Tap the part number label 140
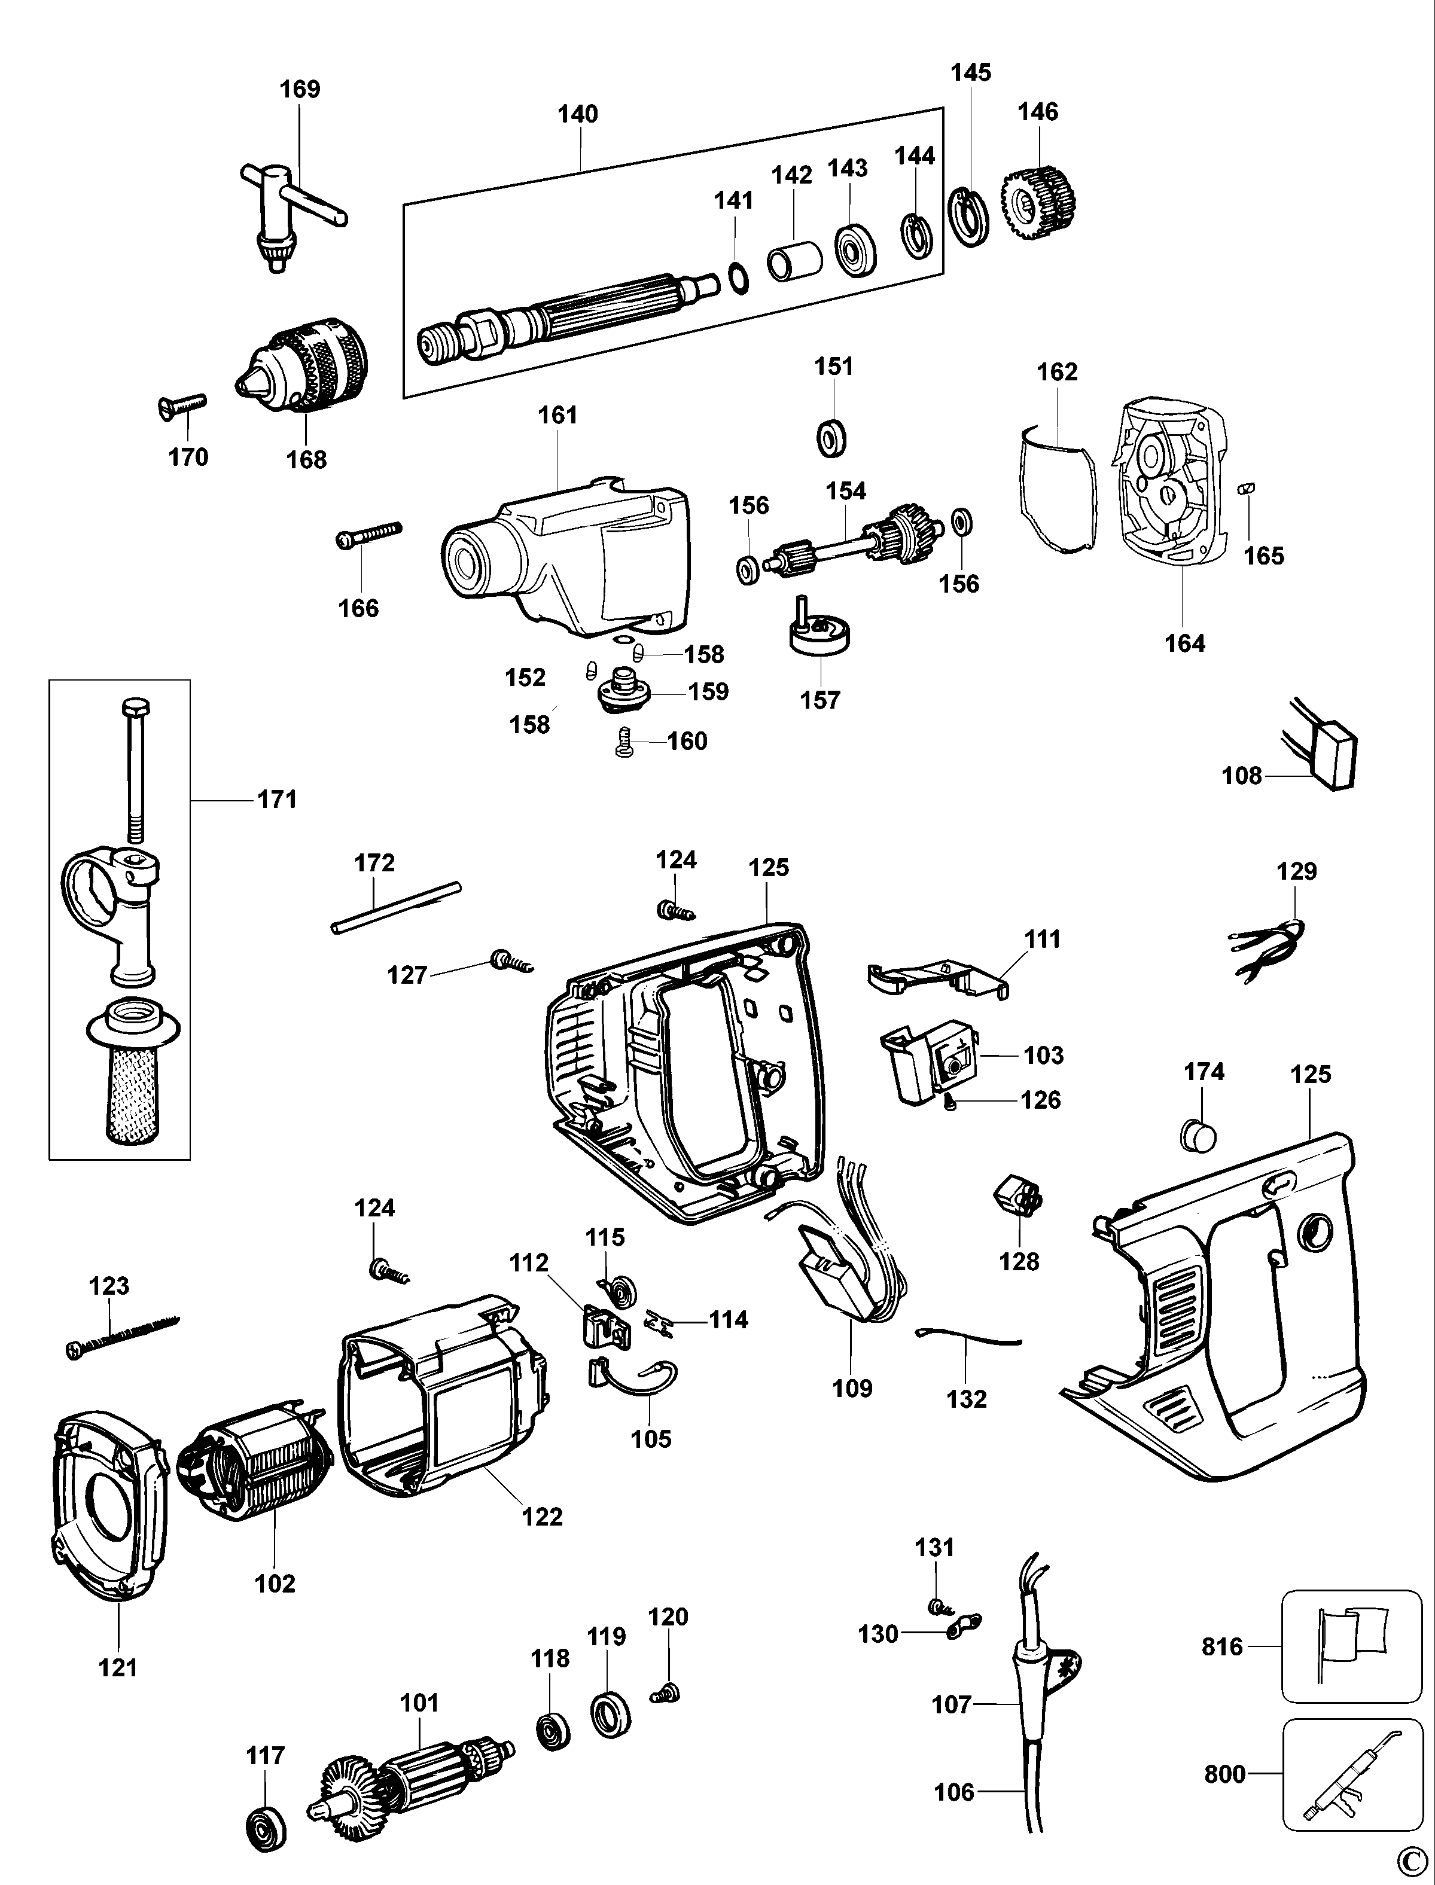[578, 114]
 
